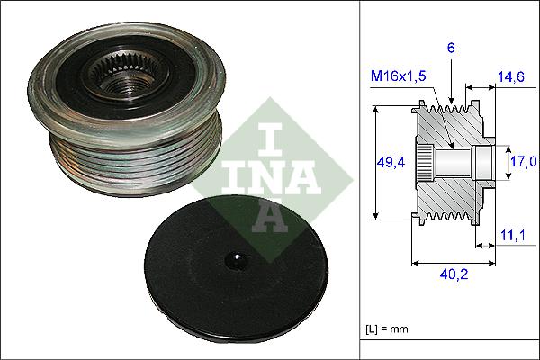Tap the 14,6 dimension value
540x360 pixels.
pyautogui.click(x=510, y=78)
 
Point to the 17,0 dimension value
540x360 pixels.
pyautogui.click(x=522, y=162)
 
